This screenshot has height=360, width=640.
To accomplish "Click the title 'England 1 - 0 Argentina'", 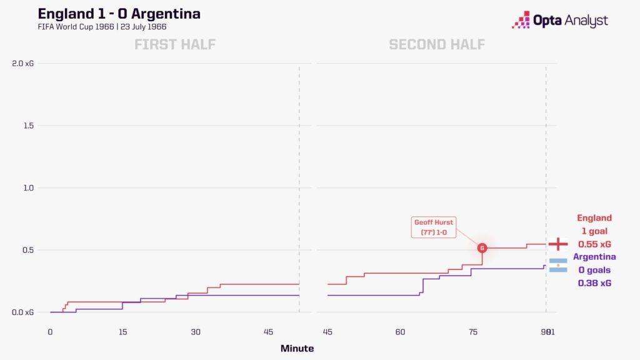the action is tap(119, 14).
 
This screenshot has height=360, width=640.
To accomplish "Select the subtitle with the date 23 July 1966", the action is tap(102, 27).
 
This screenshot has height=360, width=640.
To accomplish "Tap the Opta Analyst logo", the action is tap(560, 20).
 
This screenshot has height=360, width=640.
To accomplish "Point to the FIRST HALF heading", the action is tap(175, 44).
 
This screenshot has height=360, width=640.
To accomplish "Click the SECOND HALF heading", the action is tap(437, 44).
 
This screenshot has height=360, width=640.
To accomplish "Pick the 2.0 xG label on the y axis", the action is tap(23, 64).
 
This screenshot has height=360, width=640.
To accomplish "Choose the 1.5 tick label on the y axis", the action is tap(28, 126).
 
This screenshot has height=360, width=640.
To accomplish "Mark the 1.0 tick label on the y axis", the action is tap(28, 188).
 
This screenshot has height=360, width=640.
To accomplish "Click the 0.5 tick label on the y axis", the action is tap(28, 250).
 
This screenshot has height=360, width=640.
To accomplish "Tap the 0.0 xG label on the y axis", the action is tap(23, 312).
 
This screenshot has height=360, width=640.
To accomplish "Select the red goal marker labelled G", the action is tap(482, 248).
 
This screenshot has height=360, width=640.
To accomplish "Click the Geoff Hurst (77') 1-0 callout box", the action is tap(434, 227).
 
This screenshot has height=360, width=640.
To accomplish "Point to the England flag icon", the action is tap(558, 244).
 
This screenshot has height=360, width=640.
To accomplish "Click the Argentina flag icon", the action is tap(558, 265).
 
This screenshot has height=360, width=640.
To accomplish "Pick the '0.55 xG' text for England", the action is tap(594, 244).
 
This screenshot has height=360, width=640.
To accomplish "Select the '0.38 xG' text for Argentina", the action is tap(594, 283).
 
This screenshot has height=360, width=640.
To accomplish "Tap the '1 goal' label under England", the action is tap(594, 231).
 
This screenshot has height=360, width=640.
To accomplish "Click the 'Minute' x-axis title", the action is tap(297, 349).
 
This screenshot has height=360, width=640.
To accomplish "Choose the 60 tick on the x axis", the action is tap(400, 332).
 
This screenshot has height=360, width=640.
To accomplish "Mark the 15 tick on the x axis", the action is tap(123, 332).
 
